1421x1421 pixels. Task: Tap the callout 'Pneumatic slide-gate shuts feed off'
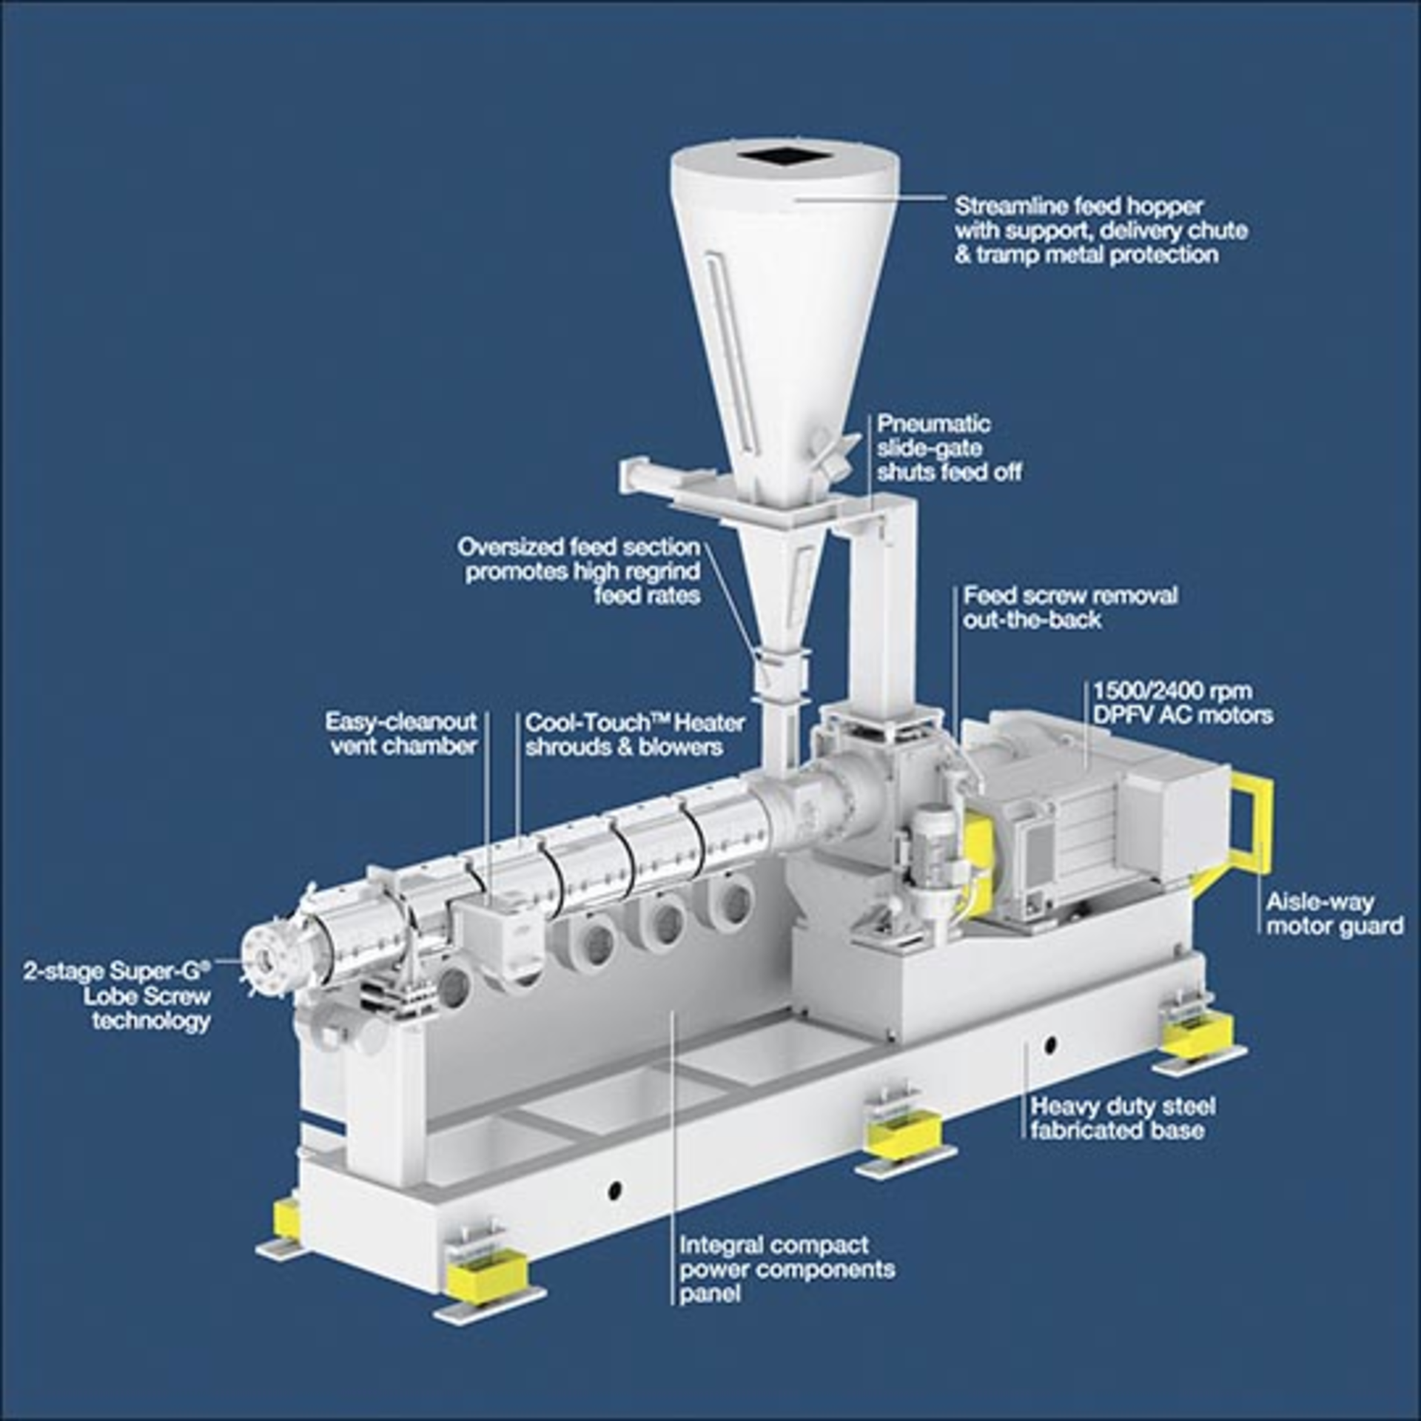tap(950, 449)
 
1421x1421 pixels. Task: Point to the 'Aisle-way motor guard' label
tap(1334, 913)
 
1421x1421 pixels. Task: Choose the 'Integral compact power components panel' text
tap(787, 1269)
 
